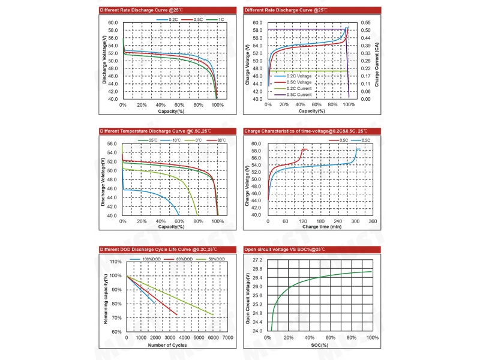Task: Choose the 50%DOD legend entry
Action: (217, 259)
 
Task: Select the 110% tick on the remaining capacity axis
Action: (116, 262)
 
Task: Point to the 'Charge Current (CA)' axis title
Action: (377, 61)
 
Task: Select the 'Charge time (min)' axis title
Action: (322, 227)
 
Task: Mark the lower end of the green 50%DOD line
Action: (212, 314)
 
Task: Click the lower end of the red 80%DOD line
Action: (177, 314)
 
